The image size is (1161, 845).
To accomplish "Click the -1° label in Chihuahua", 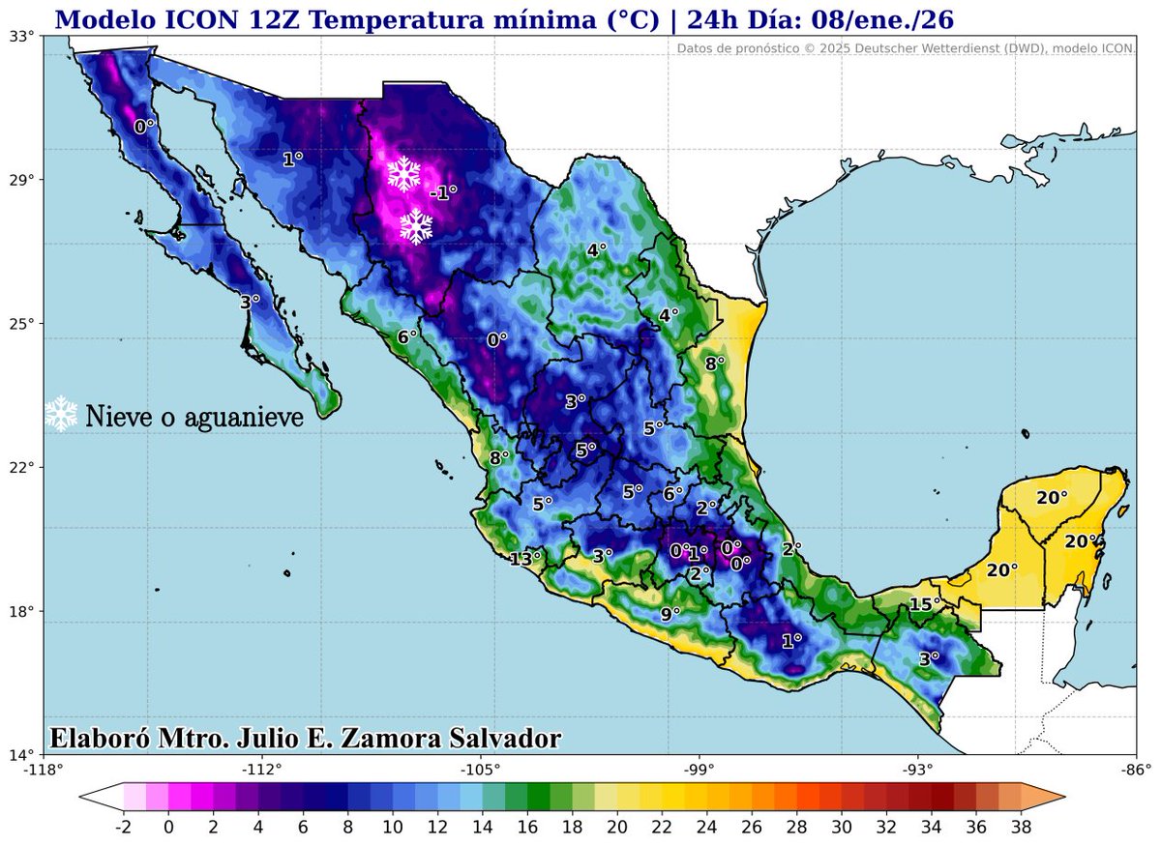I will [443, 192].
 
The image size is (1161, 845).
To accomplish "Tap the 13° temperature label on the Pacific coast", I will [525, 558].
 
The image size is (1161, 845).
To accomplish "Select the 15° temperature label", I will [925, 605].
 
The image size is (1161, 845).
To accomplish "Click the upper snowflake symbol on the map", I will [403, 173].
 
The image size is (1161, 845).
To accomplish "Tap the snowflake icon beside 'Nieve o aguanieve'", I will [62, 414].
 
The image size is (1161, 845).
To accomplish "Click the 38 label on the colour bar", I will [1021, 827].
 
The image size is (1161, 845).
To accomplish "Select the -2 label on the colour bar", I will [123, 827].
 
